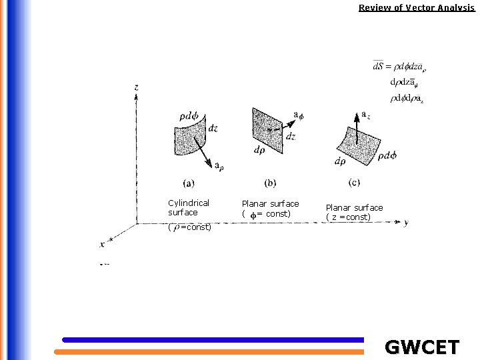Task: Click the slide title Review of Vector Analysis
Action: tap(416, 8)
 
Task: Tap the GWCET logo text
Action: tap(422, 347)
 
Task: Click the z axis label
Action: tap(136, 87)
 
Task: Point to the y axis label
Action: tap(406, 223)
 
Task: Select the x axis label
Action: tap(102, 244)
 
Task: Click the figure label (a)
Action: tap(189, 183)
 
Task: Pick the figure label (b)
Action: tap(270, 183)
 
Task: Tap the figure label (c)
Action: tap(355, 182)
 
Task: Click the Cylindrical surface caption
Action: tap(189, 207)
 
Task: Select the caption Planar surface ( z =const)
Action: tap(354, 212)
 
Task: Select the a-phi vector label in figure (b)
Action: tap(299, 115)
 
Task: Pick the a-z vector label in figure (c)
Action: tap(365, 115)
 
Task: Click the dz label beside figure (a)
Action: tap(213, 128)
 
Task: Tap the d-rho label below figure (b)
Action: tap(260, 150)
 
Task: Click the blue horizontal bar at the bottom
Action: tap(213, 339)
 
